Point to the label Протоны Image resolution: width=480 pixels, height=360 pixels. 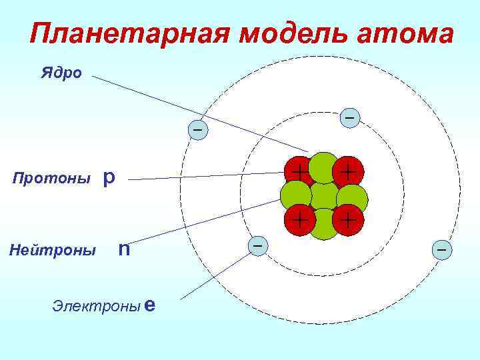(x=52, y=179)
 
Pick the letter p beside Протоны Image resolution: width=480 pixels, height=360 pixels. (x=109, y=178)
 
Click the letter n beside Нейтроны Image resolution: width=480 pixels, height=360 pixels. (x=123, y=250)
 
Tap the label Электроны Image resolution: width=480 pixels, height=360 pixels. (x=96, y=306)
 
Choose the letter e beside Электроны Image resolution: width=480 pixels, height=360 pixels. (x=150, y=305)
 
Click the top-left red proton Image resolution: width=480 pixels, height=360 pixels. (x=299, y=172)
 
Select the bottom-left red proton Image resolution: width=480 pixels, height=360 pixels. (x=299, y=219)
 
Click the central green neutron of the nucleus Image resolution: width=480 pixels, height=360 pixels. (x=325, y=196)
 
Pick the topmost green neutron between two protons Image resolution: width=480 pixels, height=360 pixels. (x=324, y=167)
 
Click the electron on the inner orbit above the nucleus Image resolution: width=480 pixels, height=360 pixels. (x=350, y=119)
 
